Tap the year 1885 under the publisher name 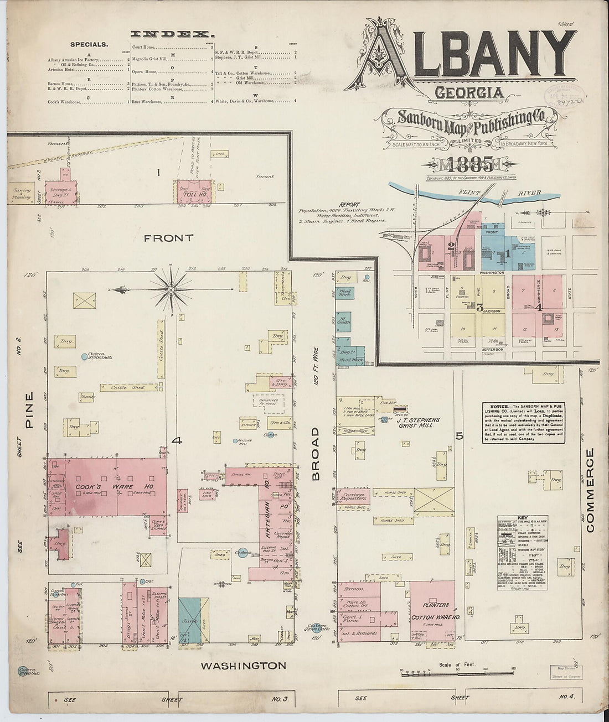[x=459, y=164]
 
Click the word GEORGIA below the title [x=469, y=92]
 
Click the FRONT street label [x=168, y=238]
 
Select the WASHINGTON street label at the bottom [x=244, y=666]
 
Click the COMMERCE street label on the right [x=590, y=490]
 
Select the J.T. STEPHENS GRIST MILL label [x=418, y=424]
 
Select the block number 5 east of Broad [x=459, y=436]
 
